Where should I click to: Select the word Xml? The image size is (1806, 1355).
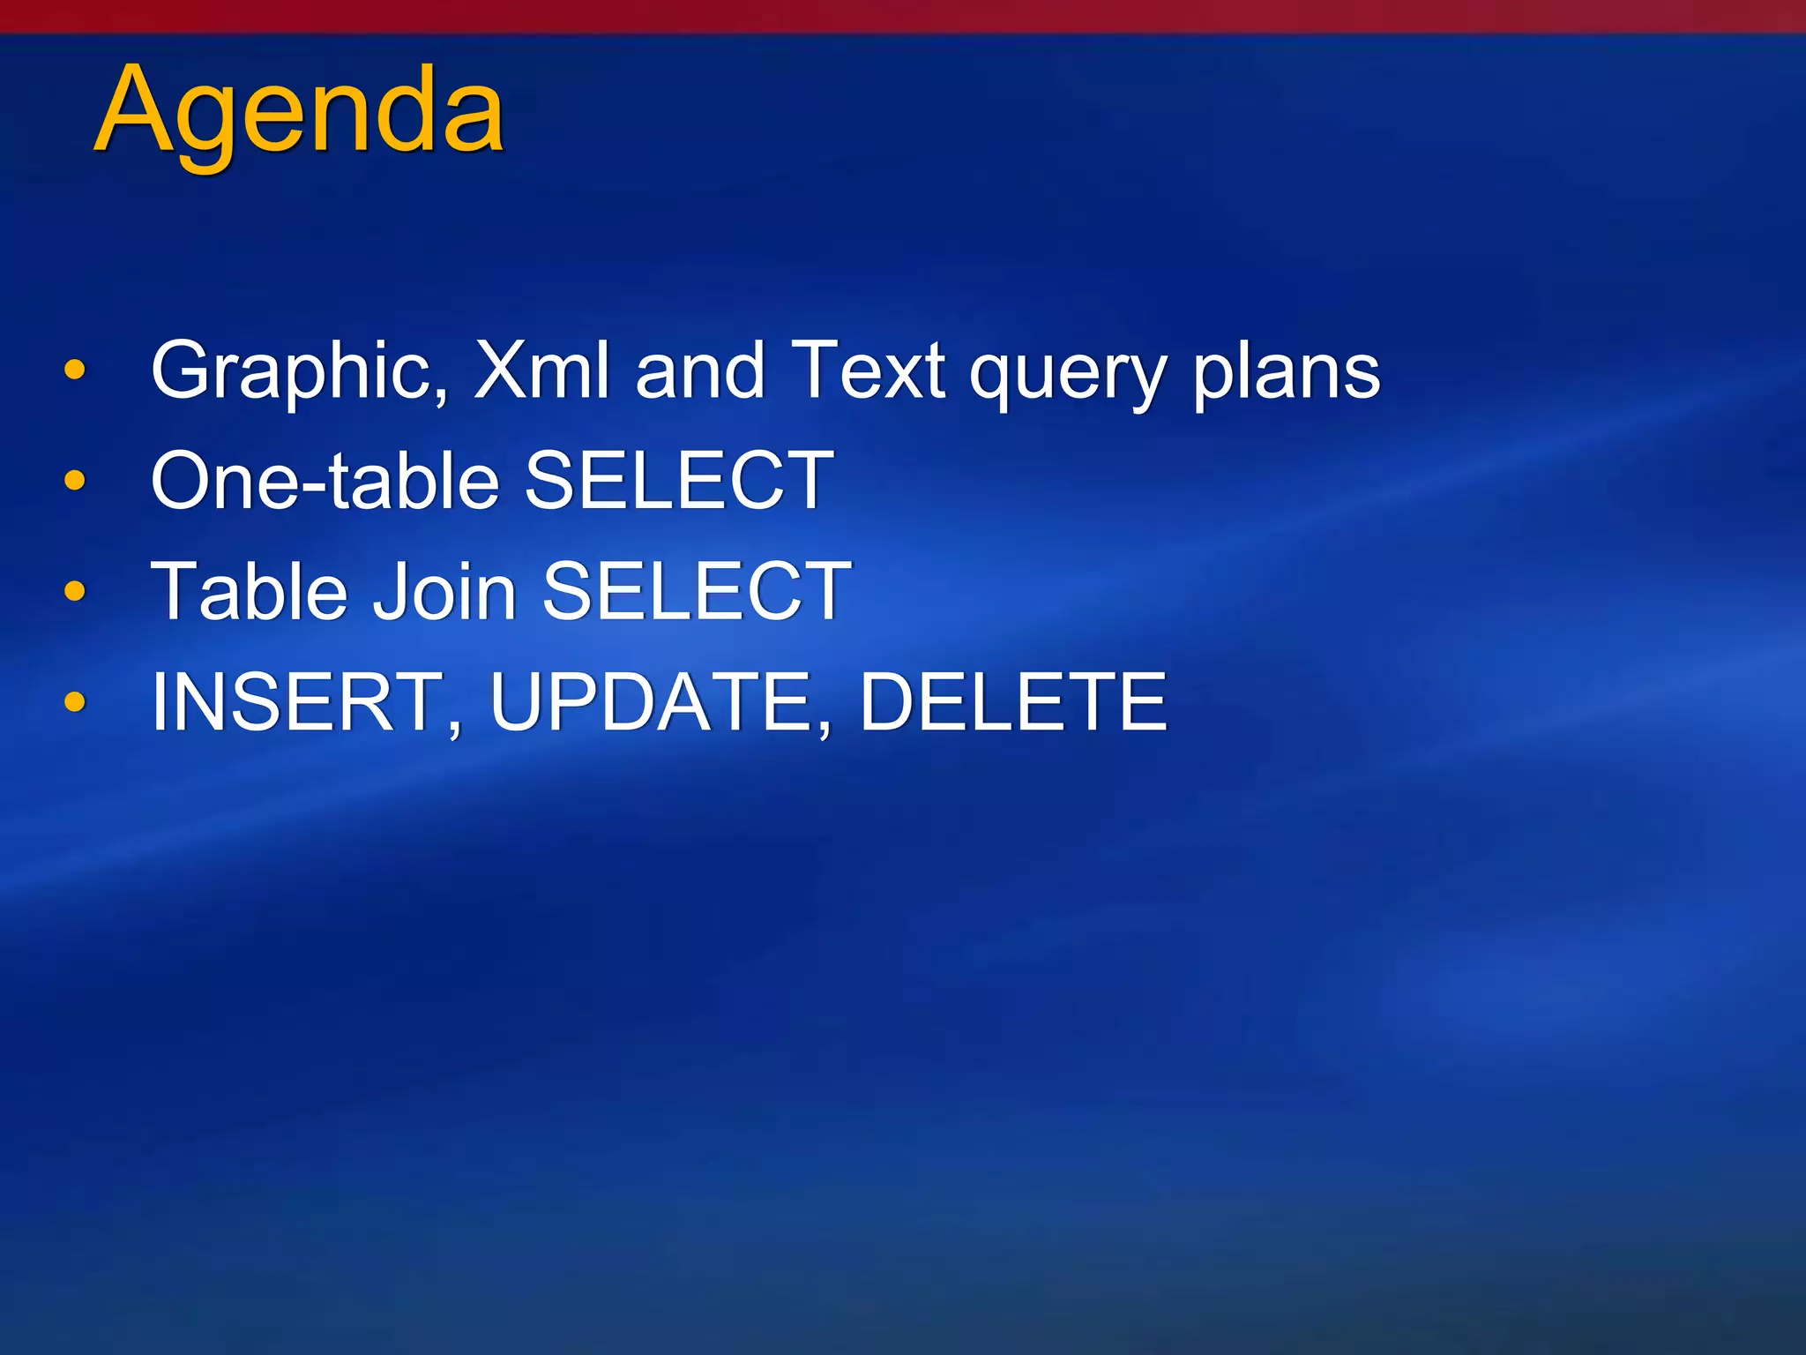pos(541,371)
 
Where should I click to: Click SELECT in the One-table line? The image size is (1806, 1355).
pos(679,481)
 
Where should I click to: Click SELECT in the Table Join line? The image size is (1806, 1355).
pos(697,591)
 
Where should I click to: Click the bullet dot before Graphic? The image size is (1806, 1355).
pos(75,371)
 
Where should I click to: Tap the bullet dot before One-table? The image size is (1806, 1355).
pos(75,481)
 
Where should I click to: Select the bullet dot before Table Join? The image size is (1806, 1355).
pos(75,591)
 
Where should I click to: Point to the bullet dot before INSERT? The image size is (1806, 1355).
pos(75,702)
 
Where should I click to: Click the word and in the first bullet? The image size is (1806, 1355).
pos(699,371)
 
